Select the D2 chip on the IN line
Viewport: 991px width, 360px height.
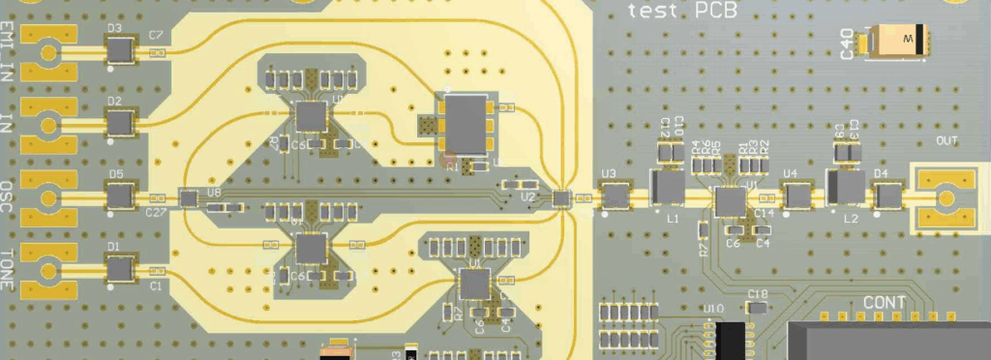[120, 122]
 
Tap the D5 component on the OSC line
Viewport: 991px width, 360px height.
[120, 196]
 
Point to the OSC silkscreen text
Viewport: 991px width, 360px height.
[9, 197]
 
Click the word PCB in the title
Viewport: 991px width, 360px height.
[715, 11]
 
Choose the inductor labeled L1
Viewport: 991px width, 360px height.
[667, 189]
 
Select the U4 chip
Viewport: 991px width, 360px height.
[796, 195]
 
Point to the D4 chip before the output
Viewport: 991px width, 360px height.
[886, 196]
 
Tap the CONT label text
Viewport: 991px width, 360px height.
[884, 304]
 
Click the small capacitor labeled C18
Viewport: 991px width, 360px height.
[758, 307]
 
